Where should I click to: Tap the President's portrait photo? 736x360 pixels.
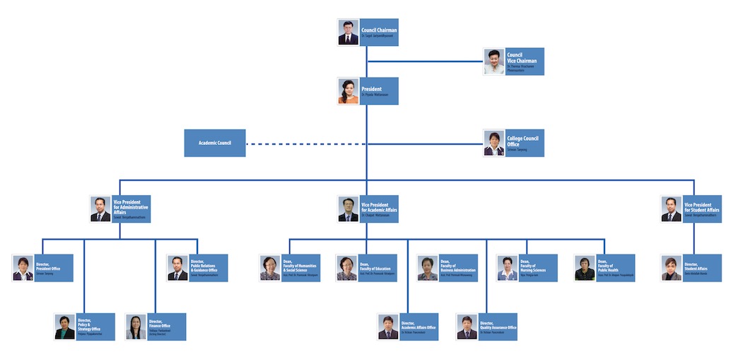(349, 91)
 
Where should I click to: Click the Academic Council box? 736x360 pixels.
(215, 143)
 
